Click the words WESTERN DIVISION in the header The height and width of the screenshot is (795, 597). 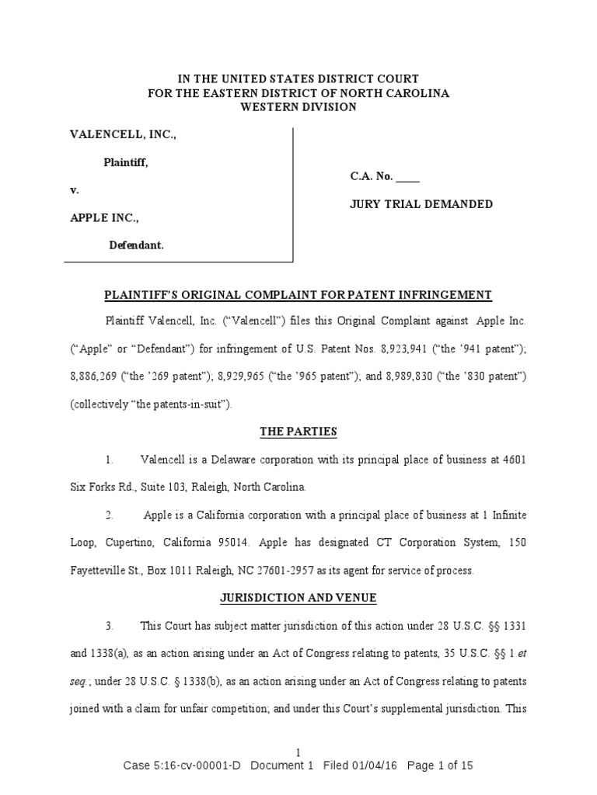(x=298, y=107)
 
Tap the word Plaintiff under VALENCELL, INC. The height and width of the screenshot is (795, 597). (x=126, y=163)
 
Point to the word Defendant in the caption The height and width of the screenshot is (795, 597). (x=135, y=245)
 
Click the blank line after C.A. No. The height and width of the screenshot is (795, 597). (x=407, y=178)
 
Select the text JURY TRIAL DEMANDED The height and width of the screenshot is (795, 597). (x=421, y=204)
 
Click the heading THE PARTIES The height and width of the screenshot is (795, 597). (x=298, y=432)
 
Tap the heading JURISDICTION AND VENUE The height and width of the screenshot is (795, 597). (x=298, y=598)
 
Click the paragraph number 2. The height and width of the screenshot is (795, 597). (x=110, y=516)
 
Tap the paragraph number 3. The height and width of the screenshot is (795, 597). (x=110, y=626)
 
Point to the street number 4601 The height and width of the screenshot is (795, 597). (x=512, y=460)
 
